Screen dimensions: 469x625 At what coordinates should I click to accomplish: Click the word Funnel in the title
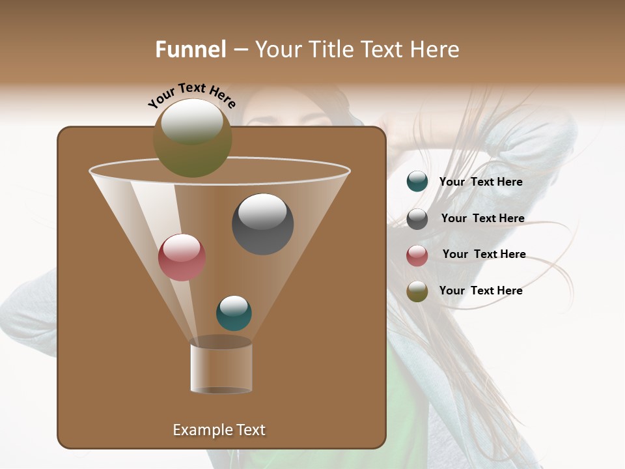(191, 50)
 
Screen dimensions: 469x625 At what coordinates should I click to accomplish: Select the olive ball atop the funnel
(192, 137)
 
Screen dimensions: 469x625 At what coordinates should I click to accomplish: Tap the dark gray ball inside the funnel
(262, 223)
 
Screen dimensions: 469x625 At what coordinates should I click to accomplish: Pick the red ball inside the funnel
(182, 257)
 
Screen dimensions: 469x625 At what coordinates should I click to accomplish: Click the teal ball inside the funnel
(234, 313)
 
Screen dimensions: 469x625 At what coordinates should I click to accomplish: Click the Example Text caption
(219, 430)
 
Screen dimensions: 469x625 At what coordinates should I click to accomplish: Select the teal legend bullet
(417, 182)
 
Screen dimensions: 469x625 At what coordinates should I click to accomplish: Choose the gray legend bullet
(417, 219)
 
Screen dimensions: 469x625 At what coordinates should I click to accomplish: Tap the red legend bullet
(417, 255)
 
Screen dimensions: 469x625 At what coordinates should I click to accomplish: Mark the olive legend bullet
(417, 292)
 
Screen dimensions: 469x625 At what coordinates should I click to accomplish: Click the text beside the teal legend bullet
(480, 182)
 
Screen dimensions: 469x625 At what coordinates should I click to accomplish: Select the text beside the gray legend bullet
(482, 218)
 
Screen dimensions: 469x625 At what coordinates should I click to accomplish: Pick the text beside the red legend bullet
(484, 254)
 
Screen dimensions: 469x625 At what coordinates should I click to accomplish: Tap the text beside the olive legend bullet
(480, 291)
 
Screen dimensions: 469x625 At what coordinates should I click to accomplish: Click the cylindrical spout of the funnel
(221, 368)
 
